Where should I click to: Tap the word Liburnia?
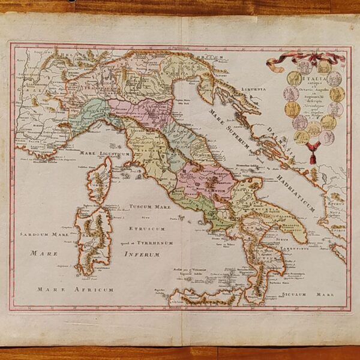click(253, 89)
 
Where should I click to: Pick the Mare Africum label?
click(75, 289)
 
